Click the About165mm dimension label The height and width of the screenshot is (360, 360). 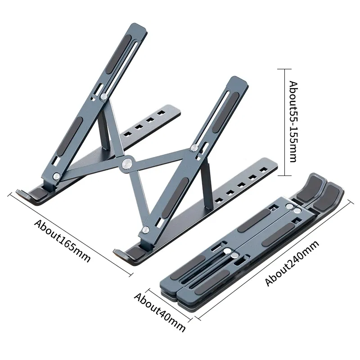click(63, 240)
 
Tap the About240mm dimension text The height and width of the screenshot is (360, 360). click(292, 264)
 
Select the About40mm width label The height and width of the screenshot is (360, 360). click(160, 311)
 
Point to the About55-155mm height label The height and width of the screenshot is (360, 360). click(293, 121)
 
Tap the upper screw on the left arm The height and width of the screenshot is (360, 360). click(104, 96)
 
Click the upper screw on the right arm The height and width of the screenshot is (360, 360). click(194, 148)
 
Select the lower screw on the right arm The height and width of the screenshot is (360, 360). click(145, 230)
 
